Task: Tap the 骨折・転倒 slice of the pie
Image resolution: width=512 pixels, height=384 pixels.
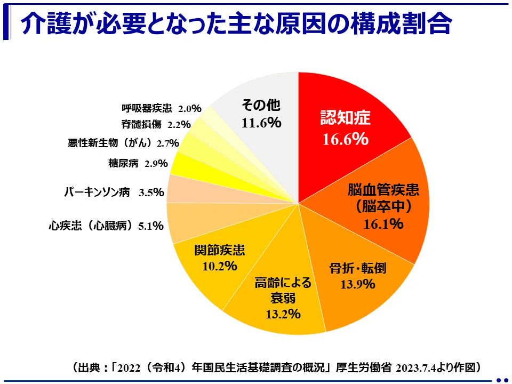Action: coord(356,274)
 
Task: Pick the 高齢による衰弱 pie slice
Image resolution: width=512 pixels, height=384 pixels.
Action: coord(281,294)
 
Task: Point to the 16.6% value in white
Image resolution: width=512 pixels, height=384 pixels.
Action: coord(346,139)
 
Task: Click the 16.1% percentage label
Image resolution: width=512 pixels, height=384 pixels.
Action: coord(383,224)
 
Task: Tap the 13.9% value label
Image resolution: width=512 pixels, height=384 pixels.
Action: coord(357,284)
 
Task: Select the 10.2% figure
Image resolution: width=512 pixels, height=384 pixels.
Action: coord(219,266)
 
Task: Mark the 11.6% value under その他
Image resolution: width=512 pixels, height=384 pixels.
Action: coord(261,123)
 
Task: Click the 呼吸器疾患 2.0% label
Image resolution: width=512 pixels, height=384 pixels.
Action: coord(161,108)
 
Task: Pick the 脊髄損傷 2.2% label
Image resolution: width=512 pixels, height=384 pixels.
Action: coord(156,124)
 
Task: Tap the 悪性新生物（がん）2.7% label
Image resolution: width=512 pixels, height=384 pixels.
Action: coord(123,143)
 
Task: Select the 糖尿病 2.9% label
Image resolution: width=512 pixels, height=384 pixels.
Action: coord(138,163)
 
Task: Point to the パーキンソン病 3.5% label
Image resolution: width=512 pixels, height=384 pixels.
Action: coord(114,192)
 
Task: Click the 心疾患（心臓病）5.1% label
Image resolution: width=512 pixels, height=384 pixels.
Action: coord(106,225)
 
